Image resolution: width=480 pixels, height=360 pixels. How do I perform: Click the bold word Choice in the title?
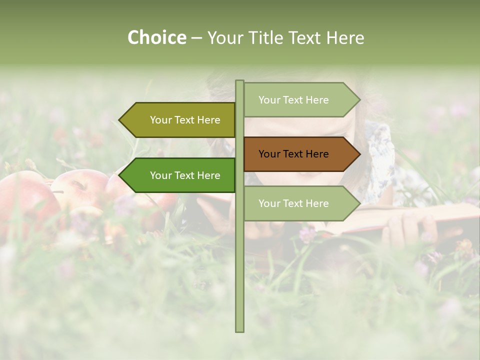(x=156, y=38)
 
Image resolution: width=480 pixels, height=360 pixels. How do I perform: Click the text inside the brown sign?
(x=293, y=154)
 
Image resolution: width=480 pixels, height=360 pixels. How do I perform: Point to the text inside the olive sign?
(x=185, y=120)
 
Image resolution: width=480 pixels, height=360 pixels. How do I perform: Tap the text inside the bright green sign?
(x=185, y=175)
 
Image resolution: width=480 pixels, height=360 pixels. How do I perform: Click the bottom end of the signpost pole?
(x=239, y=330)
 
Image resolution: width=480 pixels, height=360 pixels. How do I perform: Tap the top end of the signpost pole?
(x=239, y=82)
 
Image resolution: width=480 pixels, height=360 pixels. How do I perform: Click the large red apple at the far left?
(x=25, y=200)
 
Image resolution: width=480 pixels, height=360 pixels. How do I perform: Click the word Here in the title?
(x=345, y=38)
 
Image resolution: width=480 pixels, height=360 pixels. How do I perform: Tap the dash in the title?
(x=196, y=38)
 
